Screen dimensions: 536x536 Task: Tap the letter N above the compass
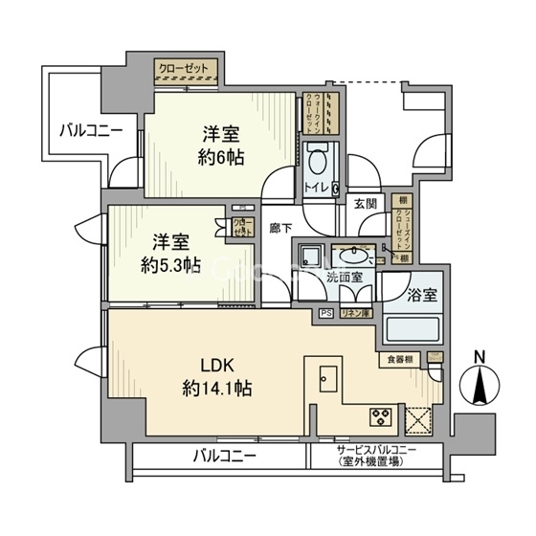pyautogui.click(x=480, y=358)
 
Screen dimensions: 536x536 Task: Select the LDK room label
pyautogui.click(x=217, y=364)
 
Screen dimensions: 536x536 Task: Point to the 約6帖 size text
pyautogui.click(x=220, y=156)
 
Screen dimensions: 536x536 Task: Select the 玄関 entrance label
pyautogui.click(x=365, y=203)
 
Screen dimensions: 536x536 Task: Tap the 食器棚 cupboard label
pyautogui.click(x=400, y=360)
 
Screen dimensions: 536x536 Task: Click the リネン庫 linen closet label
pyautogui.click(x=355, y=313)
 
